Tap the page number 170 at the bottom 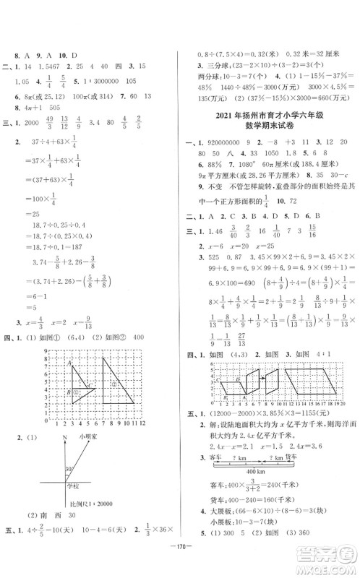pyautogui.click(x=179, y=556)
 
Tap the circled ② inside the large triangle pyautogui.click(x=114, y=384)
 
